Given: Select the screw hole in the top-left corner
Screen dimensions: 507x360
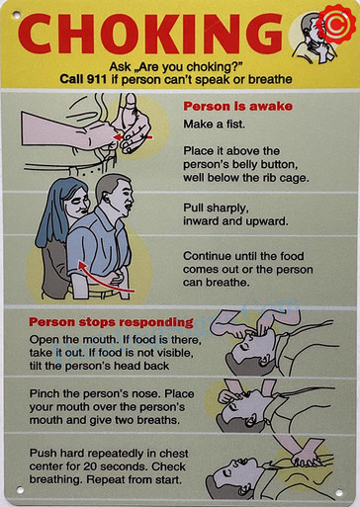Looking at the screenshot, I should coord(17,17).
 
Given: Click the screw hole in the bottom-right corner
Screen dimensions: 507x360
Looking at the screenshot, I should coord(341,489).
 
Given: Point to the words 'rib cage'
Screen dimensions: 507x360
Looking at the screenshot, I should coord(283,178).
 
